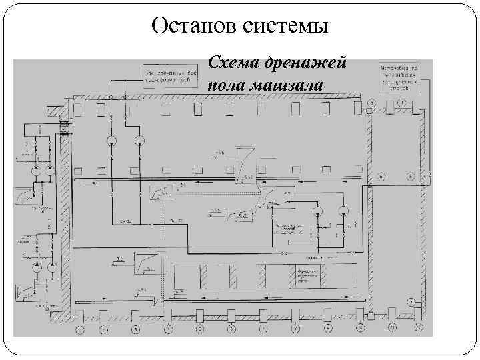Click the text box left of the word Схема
click(x=169, y=75)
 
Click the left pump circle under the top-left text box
click(x=111, y=140)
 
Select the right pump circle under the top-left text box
click(x=139, y=140)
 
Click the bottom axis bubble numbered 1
click(x=80, y=329)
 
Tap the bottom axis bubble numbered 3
click(x=135, y=329)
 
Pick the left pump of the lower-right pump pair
click(x=317, y=212)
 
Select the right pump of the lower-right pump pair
click(x=343, y=212)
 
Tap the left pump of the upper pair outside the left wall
click(x=33, y=171)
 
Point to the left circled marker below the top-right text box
click(x=371, y=102)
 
